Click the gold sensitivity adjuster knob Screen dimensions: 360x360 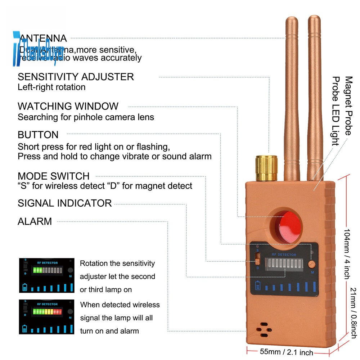coord(266,168)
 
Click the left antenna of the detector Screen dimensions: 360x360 coord(292,97)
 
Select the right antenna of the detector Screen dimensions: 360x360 coord(314,97)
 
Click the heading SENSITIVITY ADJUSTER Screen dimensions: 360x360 coord(76,77)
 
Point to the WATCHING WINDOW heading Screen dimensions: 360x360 coord(68,106)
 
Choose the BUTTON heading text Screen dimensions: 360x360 coord(38,135)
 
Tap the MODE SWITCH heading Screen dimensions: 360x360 coord(54,176)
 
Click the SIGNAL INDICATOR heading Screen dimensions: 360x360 coord(65,203)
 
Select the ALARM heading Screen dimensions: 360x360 coord(35,221)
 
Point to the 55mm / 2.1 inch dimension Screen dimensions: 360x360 coord(287,352)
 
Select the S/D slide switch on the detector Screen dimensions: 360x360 coord(257,259)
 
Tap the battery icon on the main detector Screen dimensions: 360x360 coord(258,286)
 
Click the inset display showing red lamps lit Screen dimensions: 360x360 coord(47,316)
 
